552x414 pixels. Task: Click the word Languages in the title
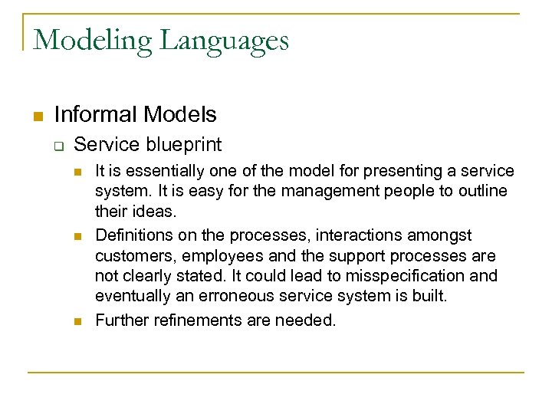click(223, 40)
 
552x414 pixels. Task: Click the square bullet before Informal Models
click(36, 117)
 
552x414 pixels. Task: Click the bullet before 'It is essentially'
click(78, 171)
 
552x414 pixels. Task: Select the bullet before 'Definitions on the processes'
click(78, 236)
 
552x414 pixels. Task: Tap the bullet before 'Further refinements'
click(78, 321)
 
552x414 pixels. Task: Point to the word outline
click(480, 191)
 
